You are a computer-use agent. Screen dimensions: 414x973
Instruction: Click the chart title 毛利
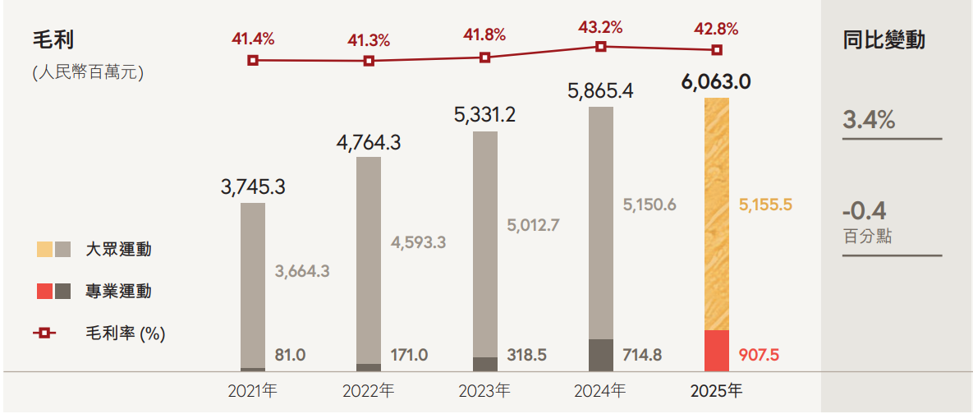point(54,40)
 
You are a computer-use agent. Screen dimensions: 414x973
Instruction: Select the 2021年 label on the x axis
point(253,389)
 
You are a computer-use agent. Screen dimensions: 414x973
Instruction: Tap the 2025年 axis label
point(717,389)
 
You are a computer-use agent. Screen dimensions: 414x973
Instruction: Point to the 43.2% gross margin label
point(600,26)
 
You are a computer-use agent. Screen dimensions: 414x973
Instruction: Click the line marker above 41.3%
point(369,61)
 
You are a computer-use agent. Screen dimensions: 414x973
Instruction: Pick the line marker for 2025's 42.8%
point(717,50)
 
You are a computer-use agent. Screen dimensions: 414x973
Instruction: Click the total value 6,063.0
point(717,82)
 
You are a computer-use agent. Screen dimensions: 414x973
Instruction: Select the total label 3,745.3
point(253,187)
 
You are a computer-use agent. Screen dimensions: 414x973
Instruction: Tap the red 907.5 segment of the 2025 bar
point(717,351)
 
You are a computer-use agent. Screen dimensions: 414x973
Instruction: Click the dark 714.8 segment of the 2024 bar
point(601,355)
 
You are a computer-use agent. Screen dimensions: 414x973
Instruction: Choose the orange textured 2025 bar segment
point(717,214)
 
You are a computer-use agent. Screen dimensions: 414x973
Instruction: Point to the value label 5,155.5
point(765,205)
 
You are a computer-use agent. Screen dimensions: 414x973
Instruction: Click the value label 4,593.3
point(418,242)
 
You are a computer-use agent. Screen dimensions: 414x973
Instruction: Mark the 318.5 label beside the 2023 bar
point(526,356)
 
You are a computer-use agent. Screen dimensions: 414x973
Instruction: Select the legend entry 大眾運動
point(118,250)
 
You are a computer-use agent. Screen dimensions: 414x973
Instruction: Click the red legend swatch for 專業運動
point(44,292)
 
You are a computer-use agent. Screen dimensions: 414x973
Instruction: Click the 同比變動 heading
point(884,40)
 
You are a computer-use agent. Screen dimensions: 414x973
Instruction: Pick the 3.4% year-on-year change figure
point(869,120)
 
